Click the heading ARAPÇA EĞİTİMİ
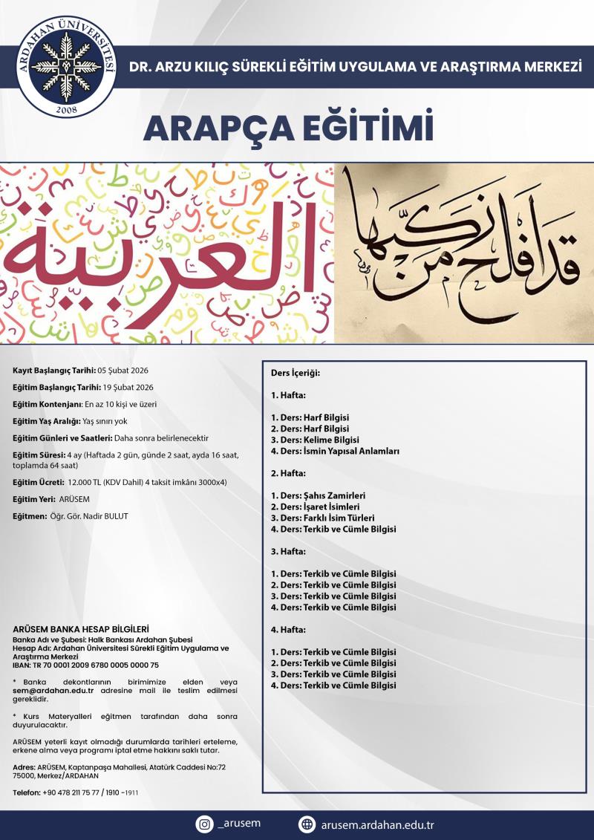point(288,128)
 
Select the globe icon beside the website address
point(307,824)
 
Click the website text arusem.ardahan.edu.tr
point(378,824)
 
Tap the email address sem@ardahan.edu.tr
point(53,691)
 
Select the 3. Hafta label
point(288,551)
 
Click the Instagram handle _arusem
point(240,824)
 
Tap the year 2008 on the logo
point(65,111)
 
